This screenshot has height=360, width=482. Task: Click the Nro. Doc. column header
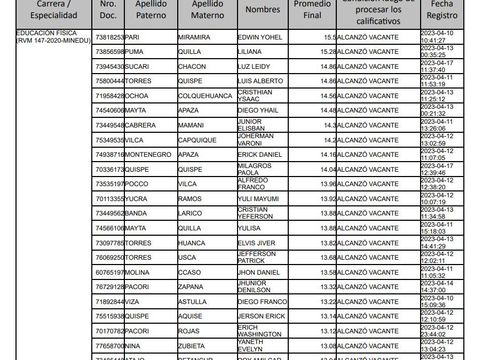point(108,10)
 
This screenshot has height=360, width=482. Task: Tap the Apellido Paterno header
point(151,10)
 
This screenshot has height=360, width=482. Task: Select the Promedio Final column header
point(312,10)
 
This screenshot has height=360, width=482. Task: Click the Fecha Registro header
point(442,10)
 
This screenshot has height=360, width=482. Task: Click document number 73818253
point(109,37)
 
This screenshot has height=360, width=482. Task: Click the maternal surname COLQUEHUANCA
point(201,96)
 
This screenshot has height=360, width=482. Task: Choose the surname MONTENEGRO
point(148,155)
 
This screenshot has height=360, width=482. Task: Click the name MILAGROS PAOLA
point(255,169)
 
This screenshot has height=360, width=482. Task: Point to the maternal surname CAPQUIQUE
point(197,140)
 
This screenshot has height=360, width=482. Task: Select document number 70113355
point(109,199)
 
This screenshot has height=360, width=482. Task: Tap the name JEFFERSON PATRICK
point(257,257)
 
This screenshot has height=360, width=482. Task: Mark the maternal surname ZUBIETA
point(193,346)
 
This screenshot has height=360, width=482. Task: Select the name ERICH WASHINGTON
point(259,331)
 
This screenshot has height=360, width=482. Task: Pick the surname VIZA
point(132,302)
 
